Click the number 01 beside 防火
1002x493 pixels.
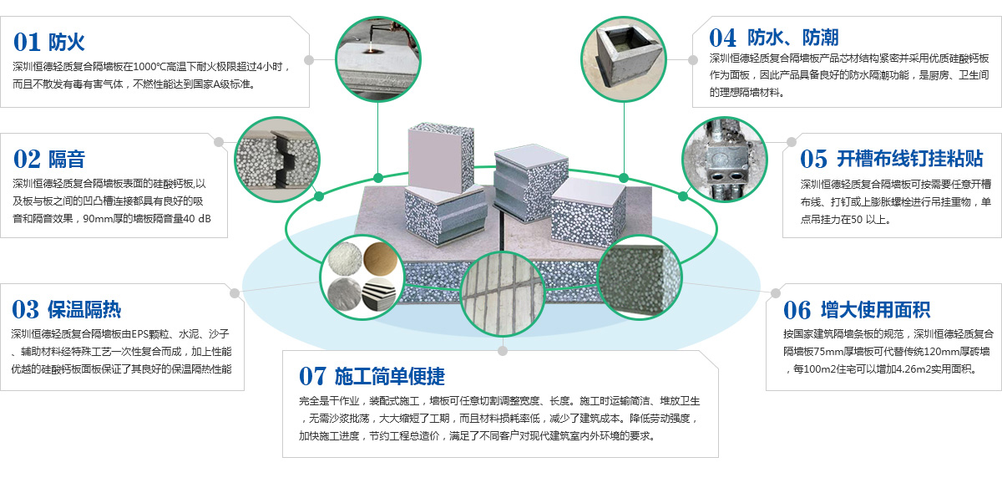(27, 41)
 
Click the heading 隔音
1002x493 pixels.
(67, 158)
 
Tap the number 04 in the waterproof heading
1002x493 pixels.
(723, 37)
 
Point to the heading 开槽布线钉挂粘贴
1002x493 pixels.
(910, 158)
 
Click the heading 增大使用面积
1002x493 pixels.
(876, 310)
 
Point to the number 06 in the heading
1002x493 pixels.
(797, 310)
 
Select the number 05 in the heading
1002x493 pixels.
(814, 158)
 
